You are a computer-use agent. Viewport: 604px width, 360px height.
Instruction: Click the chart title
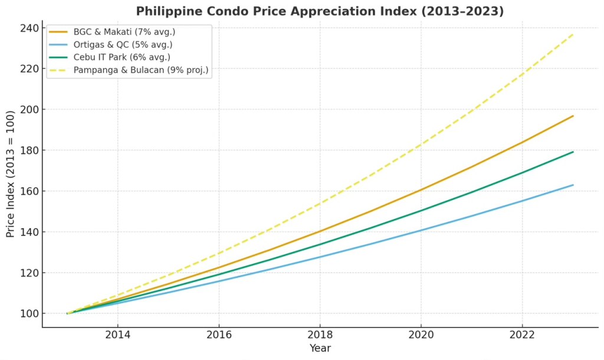320,11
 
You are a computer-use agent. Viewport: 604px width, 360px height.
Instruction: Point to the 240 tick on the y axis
29,28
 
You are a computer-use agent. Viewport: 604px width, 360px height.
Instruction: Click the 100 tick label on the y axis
29,313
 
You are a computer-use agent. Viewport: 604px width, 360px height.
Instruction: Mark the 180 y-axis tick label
29,150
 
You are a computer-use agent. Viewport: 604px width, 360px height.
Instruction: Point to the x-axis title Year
320,348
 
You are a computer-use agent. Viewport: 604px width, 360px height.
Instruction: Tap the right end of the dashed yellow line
573,34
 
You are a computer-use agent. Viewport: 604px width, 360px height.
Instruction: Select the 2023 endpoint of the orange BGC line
573,116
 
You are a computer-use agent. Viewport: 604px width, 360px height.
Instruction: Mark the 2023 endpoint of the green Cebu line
573,152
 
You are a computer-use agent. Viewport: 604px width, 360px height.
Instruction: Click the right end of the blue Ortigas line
573,185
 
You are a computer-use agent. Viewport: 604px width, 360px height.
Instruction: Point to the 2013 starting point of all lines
67,313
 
